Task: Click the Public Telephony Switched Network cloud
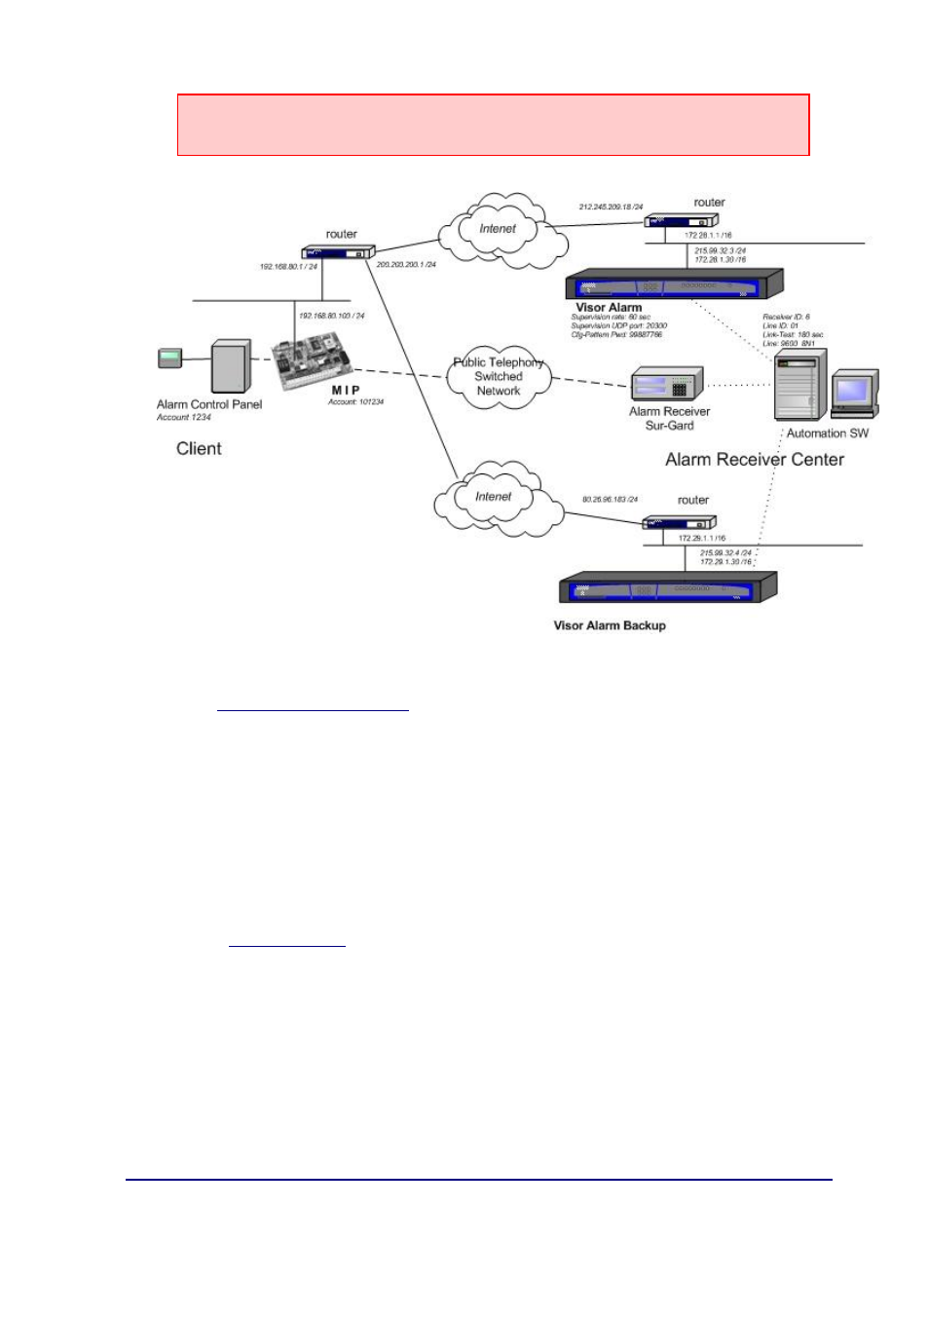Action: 499,377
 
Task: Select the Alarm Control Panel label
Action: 209,404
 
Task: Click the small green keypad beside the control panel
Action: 170,358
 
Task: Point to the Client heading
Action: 199,449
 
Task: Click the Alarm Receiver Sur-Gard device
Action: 667,384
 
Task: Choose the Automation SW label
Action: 827,434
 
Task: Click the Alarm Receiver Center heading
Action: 754,460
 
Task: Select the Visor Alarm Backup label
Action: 610,625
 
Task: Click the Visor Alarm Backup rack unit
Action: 667,588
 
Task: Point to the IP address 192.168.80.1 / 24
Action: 288,267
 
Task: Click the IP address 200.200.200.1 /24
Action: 406,264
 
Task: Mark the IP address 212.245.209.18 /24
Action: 611,207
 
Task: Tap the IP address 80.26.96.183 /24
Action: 610,500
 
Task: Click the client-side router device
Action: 338,252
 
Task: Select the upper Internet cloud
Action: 498,230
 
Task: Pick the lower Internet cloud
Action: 494,498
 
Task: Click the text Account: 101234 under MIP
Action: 355,401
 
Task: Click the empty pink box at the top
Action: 493,125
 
